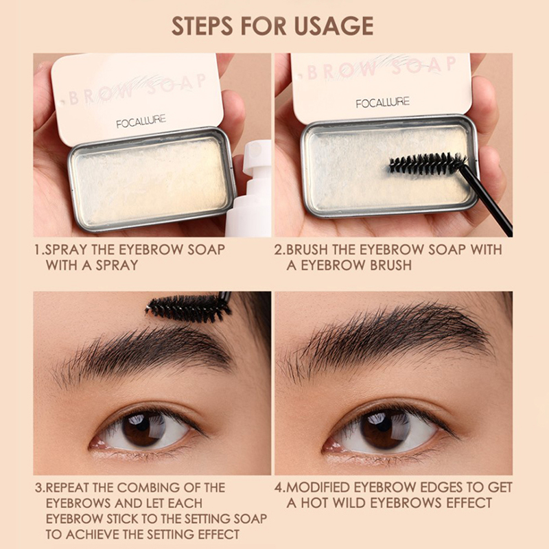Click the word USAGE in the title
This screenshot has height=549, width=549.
(334, 26)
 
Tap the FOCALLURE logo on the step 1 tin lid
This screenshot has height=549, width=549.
(141, 121)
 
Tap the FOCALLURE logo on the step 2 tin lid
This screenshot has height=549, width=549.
(383, 103)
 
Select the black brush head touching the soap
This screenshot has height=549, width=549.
(428, 163)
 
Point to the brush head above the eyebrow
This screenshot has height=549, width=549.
(188, 308)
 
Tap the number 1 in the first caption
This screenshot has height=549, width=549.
(38, 250)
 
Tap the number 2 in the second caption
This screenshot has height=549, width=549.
(279, 250)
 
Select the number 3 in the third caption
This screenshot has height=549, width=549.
(38, 487)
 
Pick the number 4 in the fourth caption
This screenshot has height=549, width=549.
(279, 487)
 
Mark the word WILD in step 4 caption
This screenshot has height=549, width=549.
(349, 503)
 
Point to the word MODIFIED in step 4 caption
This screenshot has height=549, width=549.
(318, 487)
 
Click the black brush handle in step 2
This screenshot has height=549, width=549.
(487, 200)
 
